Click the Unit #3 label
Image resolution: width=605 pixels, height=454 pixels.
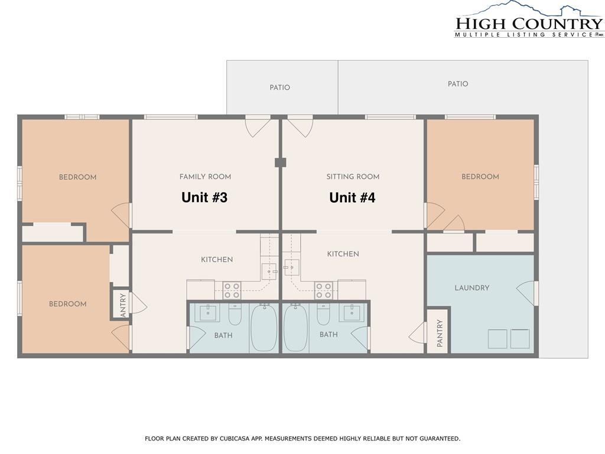[x=204, y=197]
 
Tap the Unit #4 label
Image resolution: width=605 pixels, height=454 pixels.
[x=352, y=197]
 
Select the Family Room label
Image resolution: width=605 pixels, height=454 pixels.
[x=205, y=177]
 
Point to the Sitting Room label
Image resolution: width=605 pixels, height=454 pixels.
[x=353, y=177]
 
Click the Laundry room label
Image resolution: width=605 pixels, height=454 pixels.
[x=472, y=288]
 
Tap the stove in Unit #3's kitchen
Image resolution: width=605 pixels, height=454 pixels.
[x=232, y=290]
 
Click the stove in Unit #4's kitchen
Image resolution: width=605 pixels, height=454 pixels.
[x=323, y=290]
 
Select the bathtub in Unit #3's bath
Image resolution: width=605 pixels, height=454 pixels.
[x=264, y=327]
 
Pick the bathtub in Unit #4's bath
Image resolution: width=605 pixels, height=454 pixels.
[x=296, y=327]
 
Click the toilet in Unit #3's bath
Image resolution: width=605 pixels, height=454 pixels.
[x=235, y=314]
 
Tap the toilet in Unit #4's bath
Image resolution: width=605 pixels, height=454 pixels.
[x=323, y=314]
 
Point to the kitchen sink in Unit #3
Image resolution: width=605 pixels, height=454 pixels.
[x=269, y=271]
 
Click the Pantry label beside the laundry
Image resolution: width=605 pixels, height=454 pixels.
[x=440, y=333]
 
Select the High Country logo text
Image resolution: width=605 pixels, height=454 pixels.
[x=529, y=24]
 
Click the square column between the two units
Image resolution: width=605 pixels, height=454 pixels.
[x=281, y=163]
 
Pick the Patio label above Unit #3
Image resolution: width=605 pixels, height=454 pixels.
[x=279, y=87]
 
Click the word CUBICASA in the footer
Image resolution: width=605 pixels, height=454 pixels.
[x=234, y=439]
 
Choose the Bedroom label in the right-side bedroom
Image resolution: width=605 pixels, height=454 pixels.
[x=480, y=177]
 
